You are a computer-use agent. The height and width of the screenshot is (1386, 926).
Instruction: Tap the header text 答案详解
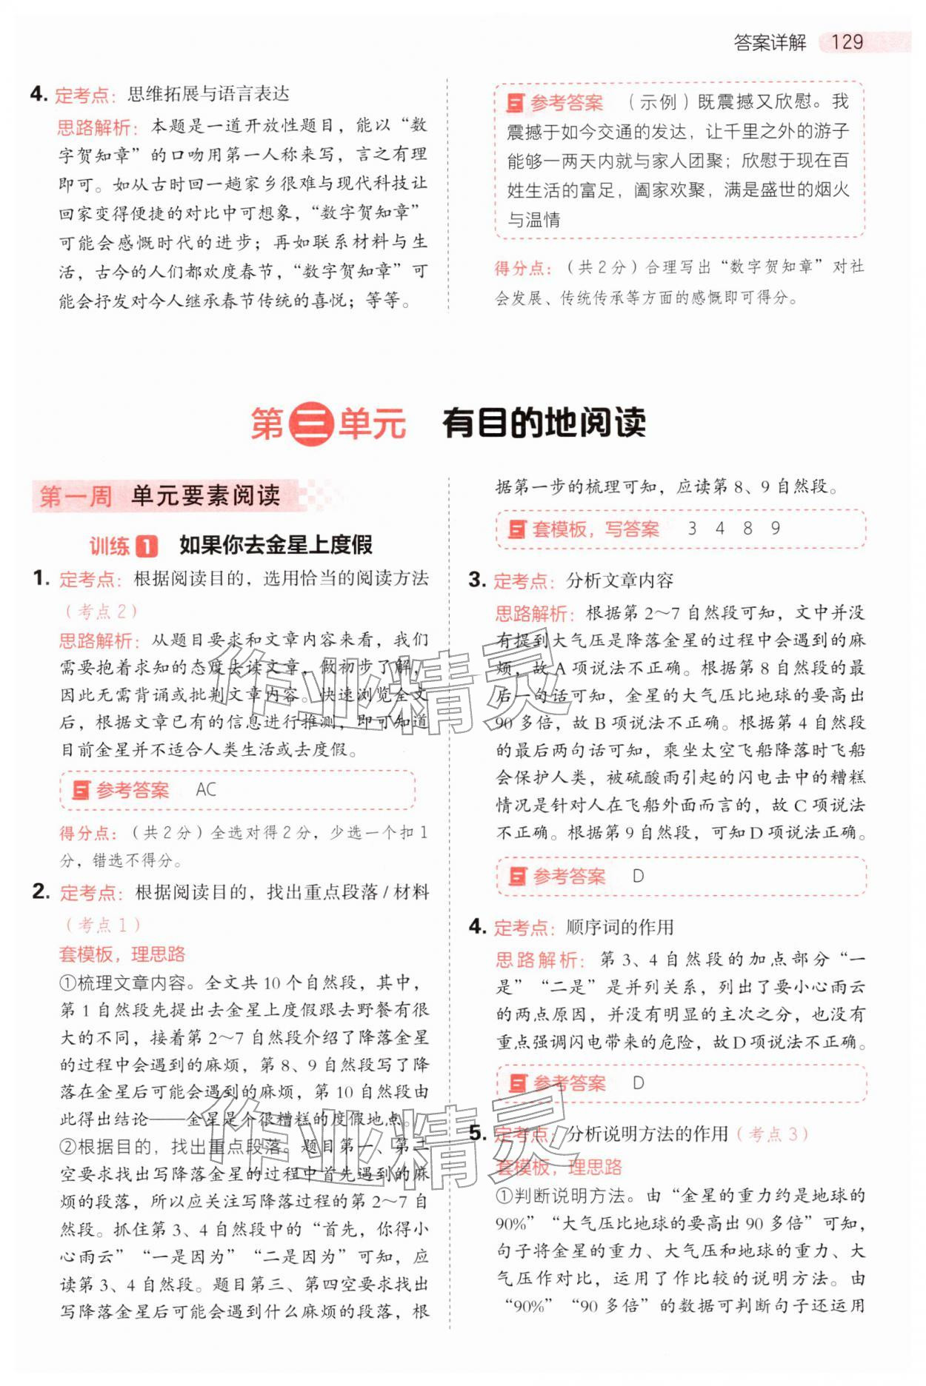(x=770, y=42)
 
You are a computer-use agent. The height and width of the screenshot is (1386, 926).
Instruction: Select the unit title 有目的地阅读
(x=544, y=424)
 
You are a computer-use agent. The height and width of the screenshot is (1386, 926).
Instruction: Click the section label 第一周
(x=76, y=496)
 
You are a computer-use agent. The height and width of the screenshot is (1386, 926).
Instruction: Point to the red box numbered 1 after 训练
(x=147, y=546)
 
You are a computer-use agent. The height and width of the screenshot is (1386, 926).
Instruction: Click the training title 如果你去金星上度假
(x=276, y=546)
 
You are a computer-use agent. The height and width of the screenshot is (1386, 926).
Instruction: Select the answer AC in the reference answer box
(x=206, y=790)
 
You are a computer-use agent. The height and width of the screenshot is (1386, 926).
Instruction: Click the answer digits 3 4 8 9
(x=733, y=529)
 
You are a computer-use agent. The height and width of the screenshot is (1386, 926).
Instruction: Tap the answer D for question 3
(x=638, y=877)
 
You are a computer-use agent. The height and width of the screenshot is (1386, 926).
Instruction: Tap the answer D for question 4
(x=638, y=1083)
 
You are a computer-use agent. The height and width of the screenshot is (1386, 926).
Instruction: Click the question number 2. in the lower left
(x=41, y=891)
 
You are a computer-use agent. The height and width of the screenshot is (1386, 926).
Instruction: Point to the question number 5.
(x=478, y=1134)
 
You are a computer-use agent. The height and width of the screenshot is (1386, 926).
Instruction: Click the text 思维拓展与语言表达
(x=208, y=94)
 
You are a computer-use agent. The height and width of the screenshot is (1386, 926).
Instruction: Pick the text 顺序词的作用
(x=619, y=927)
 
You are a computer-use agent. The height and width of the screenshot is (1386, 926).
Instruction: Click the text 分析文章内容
(x=619, y=580)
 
